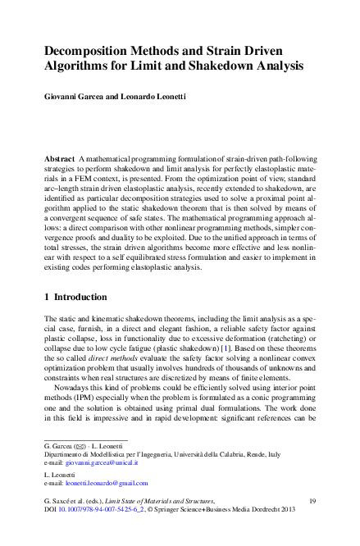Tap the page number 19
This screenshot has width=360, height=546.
tap(312, 499)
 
